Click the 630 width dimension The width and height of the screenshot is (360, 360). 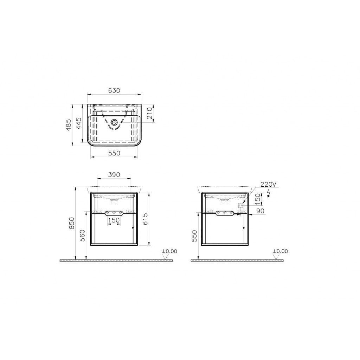pos(114,90)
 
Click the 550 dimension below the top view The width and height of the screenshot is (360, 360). pos(114,153)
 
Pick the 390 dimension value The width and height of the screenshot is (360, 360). pos(114,174)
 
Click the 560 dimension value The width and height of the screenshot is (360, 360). pos(83,235)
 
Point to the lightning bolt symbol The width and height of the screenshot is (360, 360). pos(269,193)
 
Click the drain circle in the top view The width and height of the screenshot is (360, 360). pos(114,123)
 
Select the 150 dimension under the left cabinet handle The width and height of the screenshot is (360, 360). pos(114,220)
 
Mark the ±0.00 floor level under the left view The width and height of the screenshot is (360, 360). pos(169,251)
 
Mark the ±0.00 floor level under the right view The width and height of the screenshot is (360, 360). pos(280,251)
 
